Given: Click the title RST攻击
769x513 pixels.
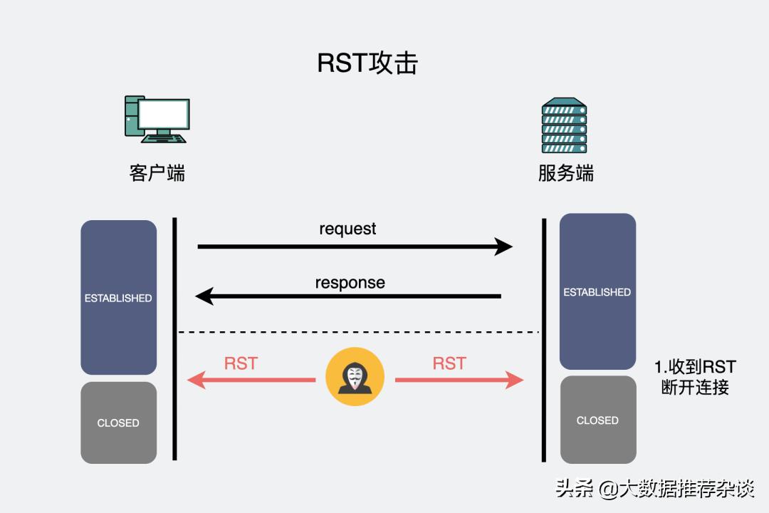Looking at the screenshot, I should click(x=367, y=63).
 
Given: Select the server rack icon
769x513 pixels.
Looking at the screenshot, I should click(x=564, y=125).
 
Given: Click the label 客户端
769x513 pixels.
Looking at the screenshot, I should click(x=157, y=173).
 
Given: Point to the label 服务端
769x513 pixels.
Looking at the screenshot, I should click(x=565, y=173).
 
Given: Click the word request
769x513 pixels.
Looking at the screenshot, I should click(x=347, y=229).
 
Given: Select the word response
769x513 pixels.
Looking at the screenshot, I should click(x=350, y=282).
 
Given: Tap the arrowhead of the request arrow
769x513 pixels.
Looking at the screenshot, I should click(x=504, y=247).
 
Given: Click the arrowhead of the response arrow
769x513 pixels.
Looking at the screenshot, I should click(x=204, y=296).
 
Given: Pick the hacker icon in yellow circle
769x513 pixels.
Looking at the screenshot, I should click(x=355, y=377).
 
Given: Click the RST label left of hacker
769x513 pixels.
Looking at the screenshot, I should click(x=241, y=363).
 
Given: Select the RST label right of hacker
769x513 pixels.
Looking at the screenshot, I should click(x=449, y=363).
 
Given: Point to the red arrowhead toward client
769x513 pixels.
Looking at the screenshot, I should click(x=195, y=380).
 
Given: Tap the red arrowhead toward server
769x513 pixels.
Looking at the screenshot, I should click(x=516, y=380).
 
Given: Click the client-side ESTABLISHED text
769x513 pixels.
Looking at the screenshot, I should click(x=118, y=298).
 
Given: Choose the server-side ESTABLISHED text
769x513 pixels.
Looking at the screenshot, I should click(x=597, y=292).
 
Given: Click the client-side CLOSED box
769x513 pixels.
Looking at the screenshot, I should click(x=118, y=423).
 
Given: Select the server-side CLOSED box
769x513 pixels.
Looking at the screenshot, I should click(x=597, y=420).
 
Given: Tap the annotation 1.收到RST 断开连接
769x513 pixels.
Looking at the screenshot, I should click(x=695, y=378).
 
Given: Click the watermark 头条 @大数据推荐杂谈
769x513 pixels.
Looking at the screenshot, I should click(x=654, y=489).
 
